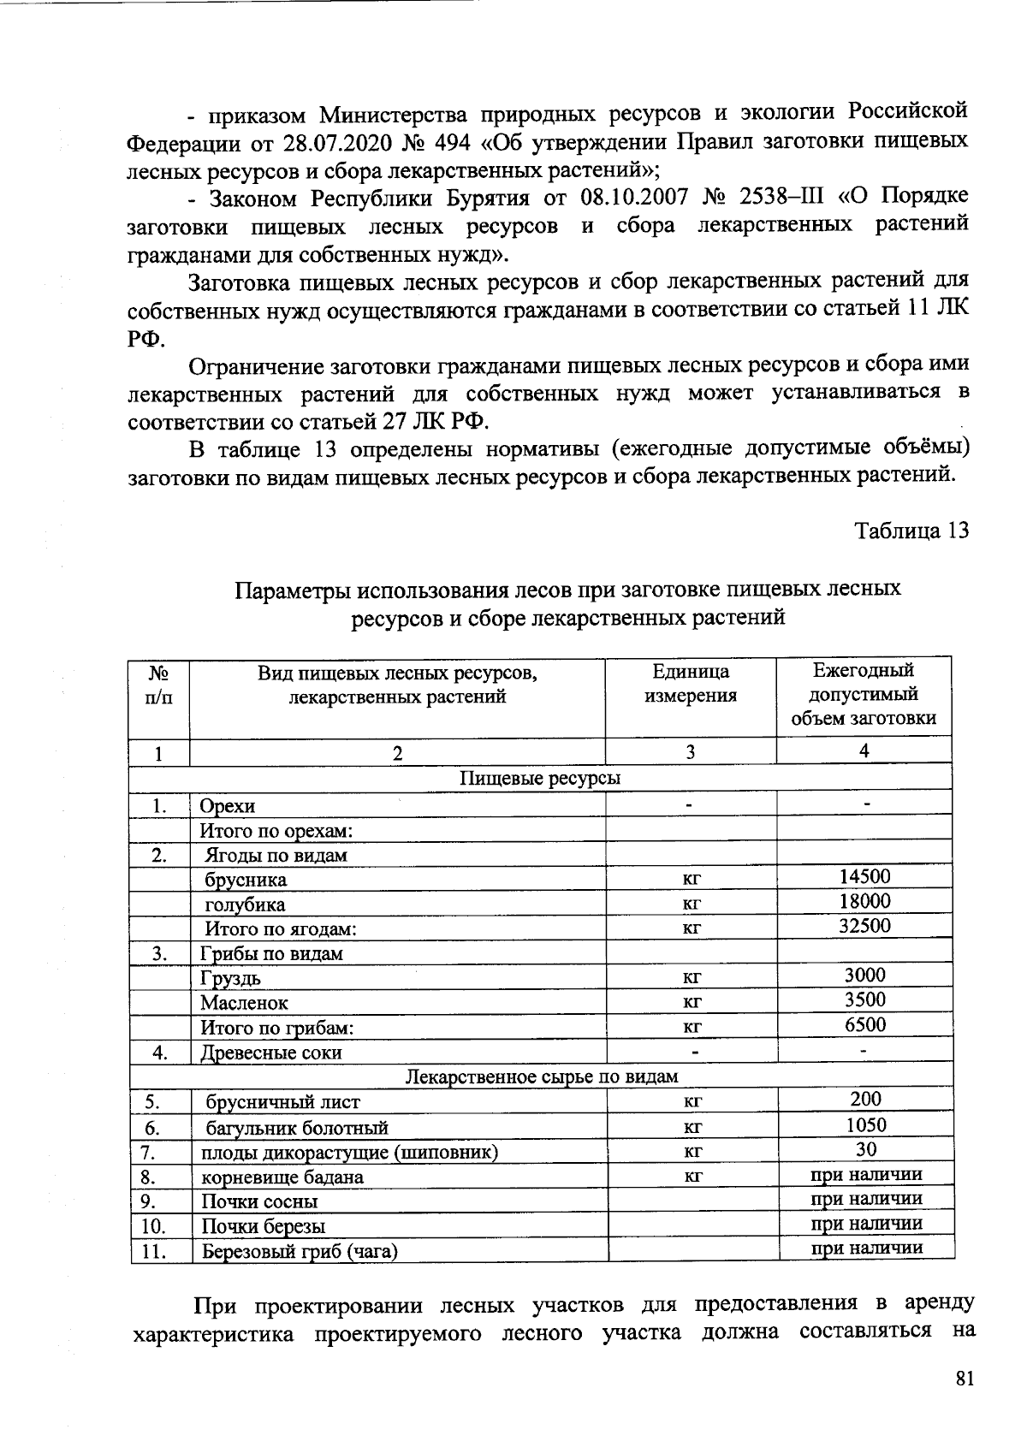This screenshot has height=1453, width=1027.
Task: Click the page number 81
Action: (964, 1379)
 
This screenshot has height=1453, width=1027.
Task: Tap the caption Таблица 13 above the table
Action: (911, 531)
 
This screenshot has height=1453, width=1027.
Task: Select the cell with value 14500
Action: (864, 876)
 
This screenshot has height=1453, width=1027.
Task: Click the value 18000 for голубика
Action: (864, 901)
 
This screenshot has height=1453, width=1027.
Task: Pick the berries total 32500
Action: (864, 926)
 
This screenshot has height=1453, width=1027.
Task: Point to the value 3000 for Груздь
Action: (864, 975)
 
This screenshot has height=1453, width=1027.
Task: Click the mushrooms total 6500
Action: (864, 1024)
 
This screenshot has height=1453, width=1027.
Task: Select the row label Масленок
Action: (244, 1003)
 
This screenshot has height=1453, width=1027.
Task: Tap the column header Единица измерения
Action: (690, 683)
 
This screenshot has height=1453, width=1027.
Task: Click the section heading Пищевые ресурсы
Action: (540, 778)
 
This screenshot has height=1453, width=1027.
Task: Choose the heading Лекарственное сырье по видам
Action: (541, 1076)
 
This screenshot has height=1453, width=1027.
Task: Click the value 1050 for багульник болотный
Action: (866, 1125)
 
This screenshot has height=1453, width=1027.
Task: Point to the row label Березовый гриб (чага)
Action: (300, 1252)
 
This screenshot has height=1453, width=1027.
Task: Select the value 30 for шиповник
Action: (866, 1149)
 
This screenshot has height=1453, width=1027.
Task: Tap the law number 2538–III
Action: (778, 198)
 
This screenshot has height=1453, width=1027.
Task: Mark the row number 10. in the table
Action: (153, 1227)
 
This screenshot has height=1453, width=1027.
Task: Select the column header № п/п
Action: (158, 685)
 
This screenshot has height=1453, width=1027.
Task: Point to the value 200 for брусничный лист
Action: (866, 1100)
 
